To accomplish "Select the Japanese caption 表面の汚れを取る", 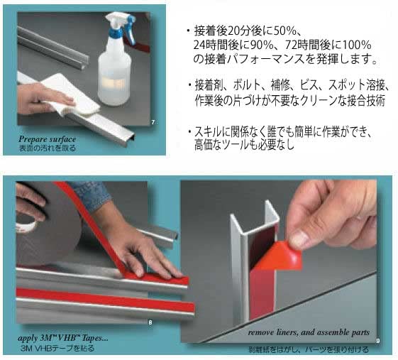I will click(48, 149).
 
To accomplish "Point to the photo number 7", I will click(153, 123).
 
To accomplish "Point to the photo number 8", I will click(150, 323).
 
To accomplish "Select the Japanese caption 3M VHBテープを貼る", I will click(57, 349).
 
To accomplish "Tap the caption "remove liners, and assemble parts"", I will click(309, 332).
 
